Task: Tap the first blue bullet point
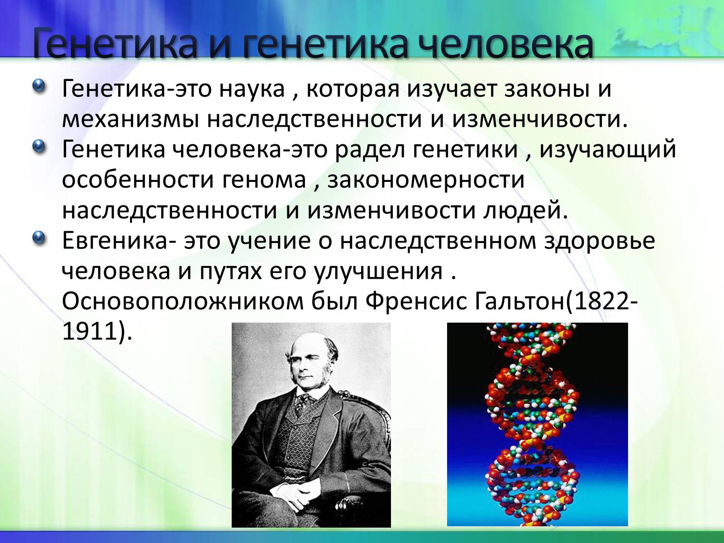click(x=39, y=86)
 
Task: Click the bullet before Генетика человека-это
click(x=39, y=146)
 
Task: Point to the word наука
click(x=252, y=89)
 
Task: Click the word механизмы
click(x=130, y=119)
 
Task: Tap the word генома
click(x=264, y=180)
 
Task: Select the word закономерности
click(x=425, y=181)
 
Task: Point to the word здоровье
click(x=599, y=241)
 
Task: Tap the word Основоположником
click(x=183, y=301)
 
